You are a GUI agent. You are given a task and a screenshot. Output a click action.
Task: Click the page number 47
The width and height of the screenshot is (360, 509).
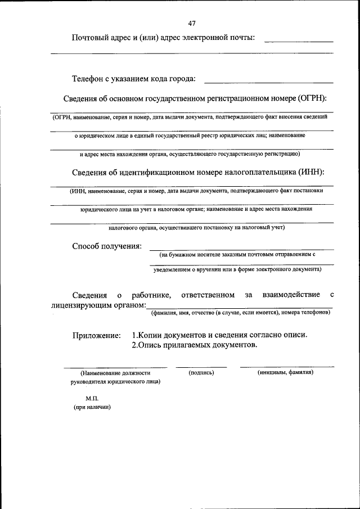click(192, 23)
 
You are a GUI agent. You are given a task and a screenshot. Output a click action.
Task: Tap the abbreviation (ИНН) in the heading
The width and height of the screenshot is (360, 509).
click(308, 172)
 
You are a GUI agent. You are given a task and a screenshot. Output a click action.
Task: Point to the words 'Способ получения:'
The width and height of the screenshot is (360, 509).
click(107, 246)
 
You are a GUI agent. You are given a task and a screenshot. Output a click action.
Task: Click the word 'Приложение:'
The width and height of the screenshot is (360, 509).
click(96, 335)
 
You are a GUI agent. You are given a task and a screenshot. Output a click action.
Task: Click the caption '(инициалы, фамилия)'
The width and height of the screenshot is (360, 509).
click(286, 372)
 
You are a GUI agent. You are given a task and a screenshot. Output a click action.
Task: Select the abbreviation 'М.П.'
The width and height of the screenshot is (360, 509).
click(92, 398)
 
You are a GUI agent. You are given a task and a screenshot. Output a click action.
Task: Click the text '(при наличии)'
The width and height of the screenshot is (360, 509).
click(92, 408)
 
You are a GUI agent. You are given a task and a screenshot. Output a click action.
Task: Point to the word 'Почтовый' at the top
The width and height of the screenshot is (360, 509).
click(91, 38)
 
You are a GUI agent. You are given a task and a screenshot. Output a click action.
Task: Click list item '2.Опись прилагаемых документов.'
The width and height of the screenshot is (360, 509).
click(194, 345)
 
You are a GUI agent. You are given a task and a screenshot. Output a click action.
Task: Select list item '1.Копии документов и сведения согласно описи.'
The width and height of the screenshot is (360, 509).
click(219, 335)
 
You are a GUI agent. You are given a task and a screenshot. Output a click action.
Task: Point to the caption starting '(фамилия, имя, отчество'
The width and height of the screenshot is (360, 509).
click(240, 313)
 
